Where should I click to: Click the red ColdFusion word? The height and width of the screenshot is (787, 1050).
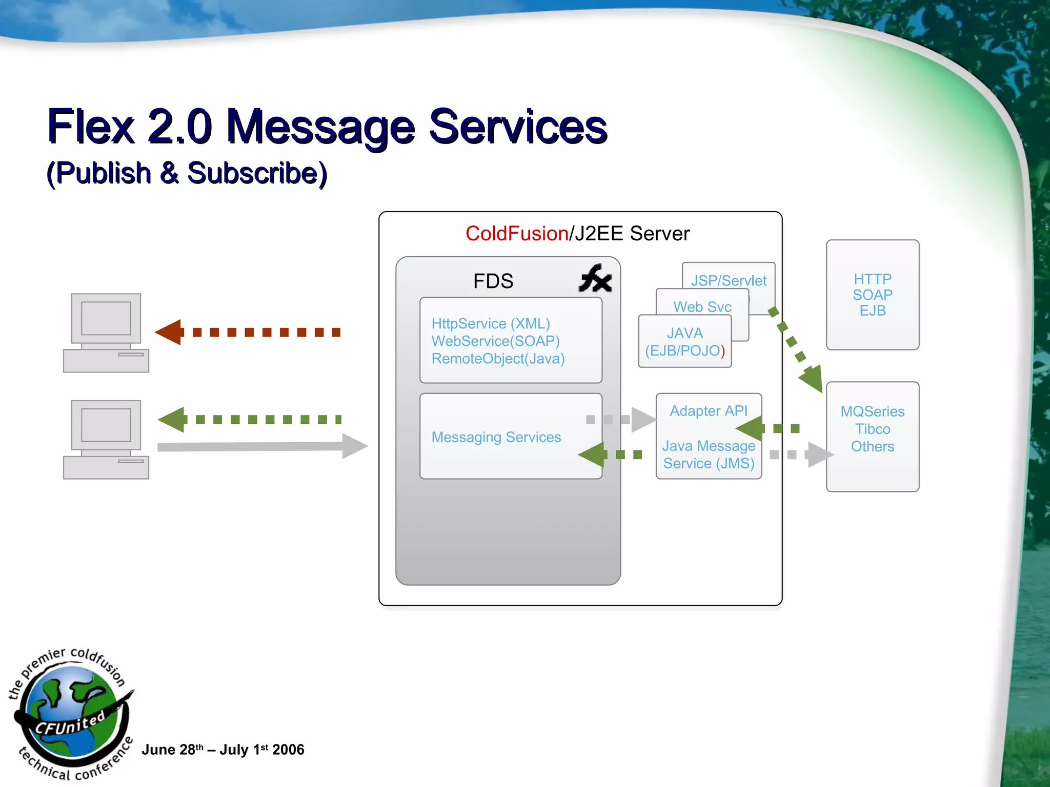coord(516,234)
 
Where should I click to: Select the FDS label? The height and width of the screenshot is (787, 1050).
coord(493,281)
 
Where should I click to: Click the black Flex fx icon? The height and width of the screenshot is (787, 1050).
coord(595,279)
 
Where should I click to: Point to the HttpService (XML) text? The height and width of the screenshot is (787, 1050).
coord(491,324)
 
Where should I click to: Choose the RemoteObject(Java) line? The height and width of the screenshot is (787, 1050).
coord(498,359)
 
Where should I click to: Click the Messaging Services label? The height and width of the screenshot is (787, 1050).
coord(496,437)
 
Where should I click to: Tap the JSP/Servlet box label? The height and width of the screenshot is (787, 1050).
coord(728,281)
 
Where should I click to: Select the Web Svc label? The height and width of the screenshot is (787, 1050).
coord(702,307)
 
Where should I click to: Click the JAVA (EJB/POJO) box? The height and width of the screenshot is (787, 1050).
coord(684,342)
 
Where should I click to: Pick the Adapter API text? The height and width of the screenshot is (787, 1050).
coord(709,411)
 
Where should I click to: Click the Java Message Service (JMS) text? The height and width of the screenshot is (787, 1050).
coord(709,454)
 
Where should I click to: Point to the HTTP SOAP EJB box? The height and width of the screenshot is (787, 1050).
coord(872,295)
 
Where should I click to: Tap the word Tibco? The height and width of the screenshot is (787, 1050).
coord(872,429)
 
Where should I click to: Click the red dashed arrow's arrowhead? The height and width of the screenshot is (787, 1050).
coord(169,332)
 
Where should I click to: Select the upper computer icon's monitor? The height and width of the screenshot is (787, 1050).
coord(106,318)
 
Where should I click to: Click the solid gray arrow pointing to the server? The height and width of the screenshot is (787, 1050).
coord(261,446)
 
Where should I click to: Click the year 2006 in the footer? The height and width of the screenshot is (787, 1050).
coord(288,750)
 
